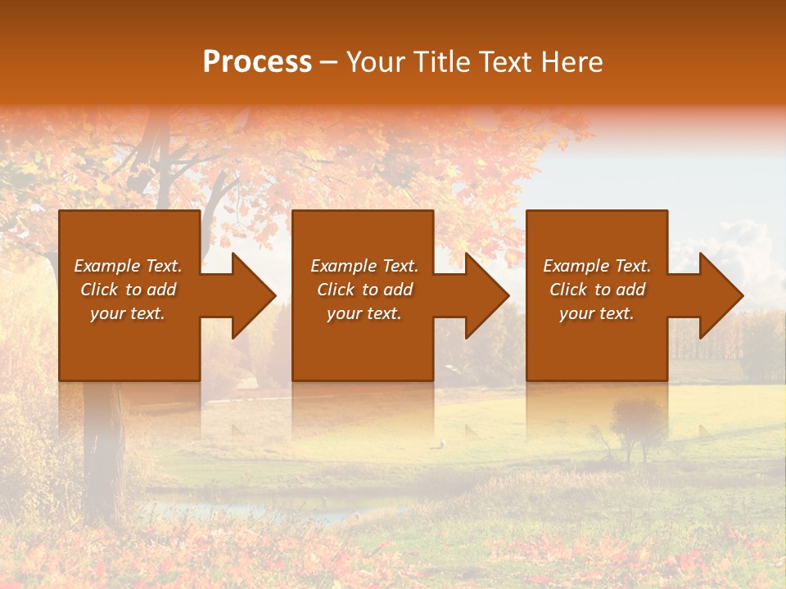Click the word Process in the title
click(x=257, y=62)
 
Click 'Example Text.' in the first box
click(x=128, y=266)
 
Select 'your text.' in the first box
click(x=128, y=313)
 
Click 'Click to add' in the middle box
click(x=364, y=290)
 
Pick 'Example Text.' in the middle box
click(x=364, y=266)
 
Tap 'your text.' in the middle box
click(x=364, y=313)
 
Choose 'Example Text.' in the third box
click(x=597, y=266)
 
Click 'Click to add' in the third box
click(x=597, y=290)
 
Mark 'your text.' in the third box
click(x=597, y=313)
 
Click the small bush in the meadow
click(x=637, y=425)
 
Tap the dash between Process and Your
click(x=328, y=63)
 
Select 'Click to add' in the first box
click(x=128, y=290)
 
